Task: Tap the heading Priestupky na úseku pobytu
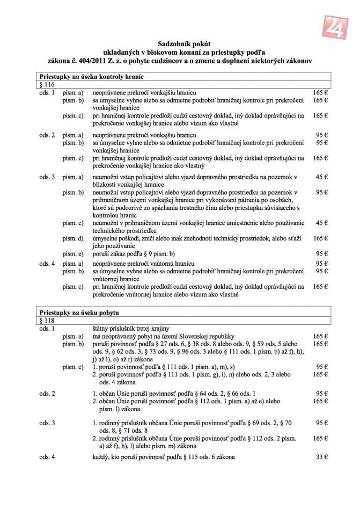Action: (79, 312)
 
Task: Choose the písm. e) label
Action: (73, 253)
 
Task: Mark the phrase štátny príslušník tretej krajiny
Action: (131, 329)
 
